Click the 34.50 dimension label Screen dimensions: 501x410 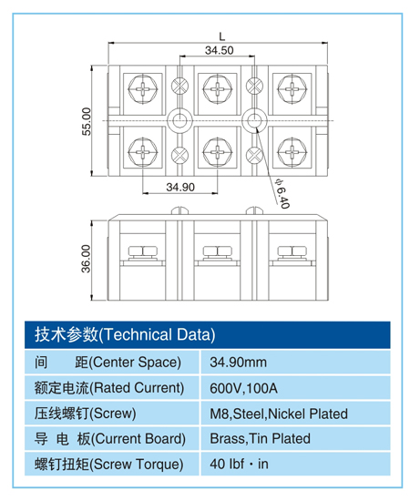coord(218,51)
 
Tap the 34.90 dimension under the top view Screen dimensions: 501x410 coord(180,187)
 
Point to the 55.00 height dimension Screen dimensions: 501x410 coord(87,121)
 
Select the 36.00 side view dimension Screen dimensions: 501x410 coord(87,259)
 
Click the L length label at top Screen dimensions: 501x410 coord(221,36)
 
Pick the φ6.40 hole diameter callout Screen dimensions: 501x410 coord(281,192)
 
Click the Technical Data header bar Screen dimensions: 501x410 coord(205,333)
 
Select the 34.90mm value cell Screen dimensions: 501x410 coord(239,361)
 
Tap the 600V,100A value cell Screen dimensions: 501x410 coord(243,387)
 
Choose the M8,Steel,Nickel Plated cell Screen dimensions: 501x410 coord(278,413)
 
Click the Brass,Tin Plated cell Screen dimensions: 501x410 coord(260,438)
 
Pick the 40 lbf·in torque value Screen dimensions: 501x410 coord(240,464)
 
